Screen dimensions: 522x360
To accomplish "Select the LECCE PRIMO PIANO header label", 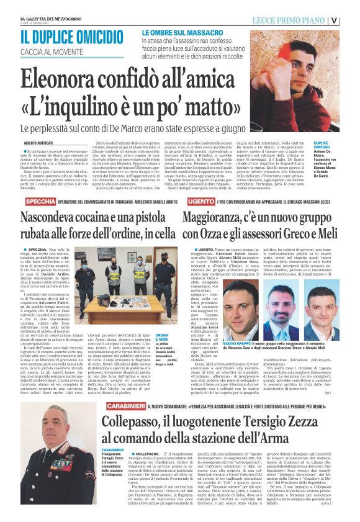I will [289, 20].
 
